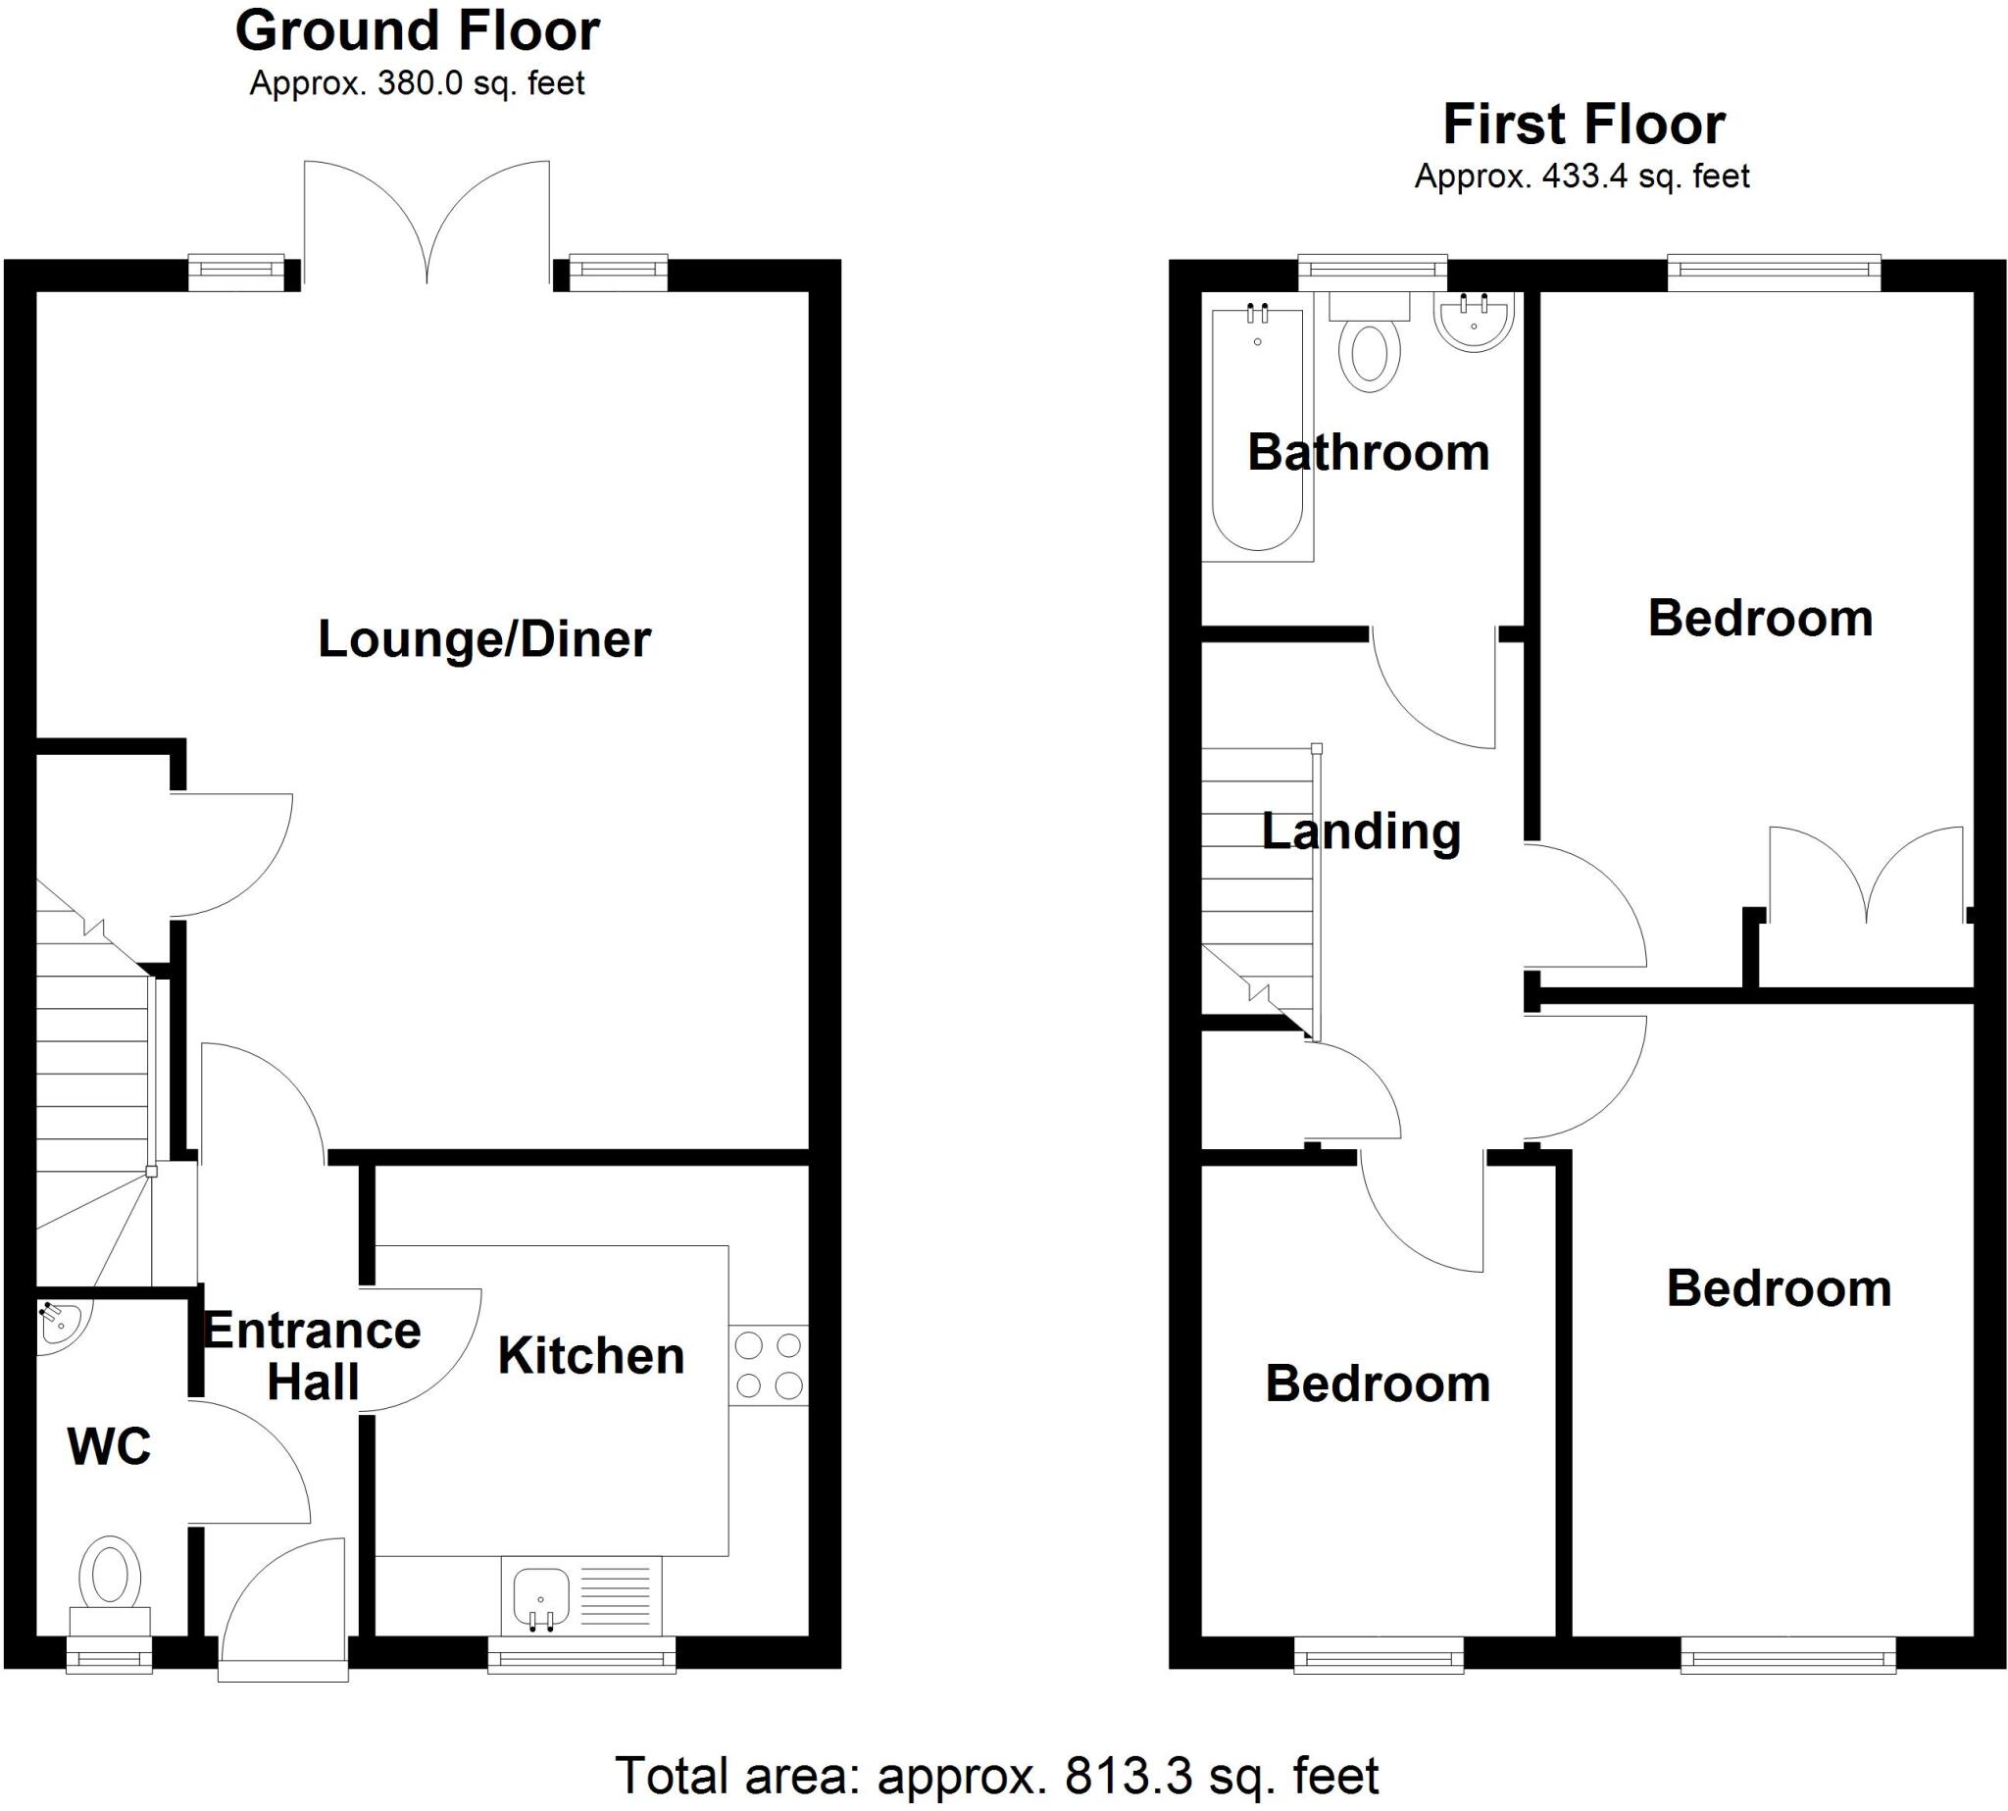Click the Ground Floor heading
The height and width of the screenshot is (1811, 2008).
click(417, 30)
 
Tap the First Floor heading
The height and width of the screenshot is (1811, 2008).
click(1583, 126)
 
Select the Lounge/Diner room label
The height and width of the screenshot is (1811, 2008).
click(483, 639)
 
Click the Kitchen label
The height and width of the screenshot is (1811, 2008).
click(591, 1355)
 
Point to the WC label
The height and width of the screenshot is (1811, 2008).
click(110, 1446)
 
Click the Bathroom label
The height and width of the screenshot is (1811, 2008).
click(1368, 453)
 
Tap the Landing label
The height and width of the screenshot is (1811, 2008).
click(1360, 830)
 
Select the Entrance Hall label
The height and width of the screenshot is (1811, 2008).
click(313, 1356)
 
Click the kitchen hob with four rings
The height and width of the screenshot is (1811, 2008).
click(767, 1365)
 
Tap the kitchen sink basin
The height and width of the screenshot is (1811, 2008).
click(541, 1595)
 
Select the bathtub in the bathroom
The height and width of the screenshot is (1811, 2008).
click(1258, 429)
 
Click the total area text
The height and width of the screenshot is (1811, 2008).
click(997, 1776)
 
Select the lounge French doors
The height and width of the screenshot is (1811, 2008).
click(427, 224)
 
